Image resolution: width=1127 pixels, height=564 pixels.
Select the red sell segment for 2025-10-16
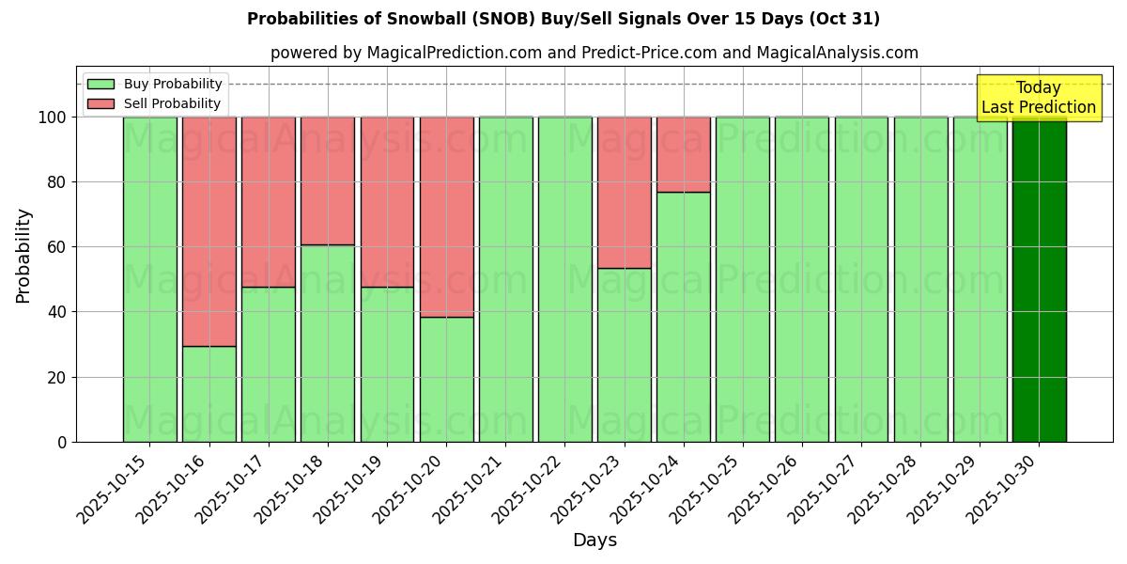tap(208, 231)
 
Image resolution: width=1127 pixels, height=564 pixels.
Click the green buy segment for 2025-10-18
tap(328, 343)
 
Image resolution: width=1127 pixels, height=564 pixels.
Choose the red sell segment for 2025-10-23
tap(624, 193)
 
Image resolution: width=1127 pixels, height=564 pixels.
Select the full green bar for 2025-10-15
tap(149, 279)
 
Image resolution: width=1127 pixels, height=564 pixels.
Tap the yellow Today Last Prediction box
tap(1038, 98)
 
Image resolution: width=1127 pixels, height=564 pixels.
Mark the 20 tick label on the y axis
tap(57, 377)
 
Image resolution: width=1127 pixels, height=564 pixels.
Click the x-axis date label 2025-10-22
tap(531, 493)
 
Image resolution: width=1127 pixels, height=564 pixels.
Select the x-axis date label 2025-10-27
tap(827, 493)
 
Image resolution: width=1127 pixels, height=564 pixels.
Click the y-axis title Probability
tap(23, 255)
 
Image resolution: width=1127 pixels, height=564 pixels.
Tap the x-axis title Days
tap(594, 540)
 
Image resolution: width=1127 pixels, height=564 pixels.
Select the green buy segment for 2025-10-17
tap(269, 364)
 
